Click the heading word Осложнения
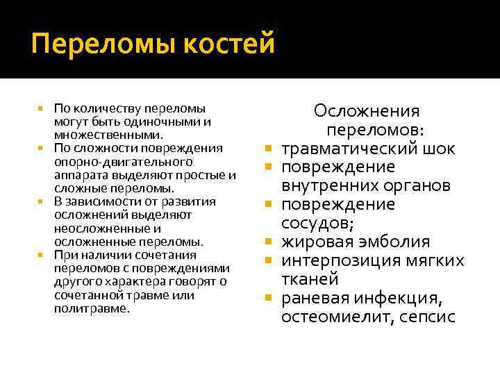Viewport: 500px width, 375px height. click(367, 111)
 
